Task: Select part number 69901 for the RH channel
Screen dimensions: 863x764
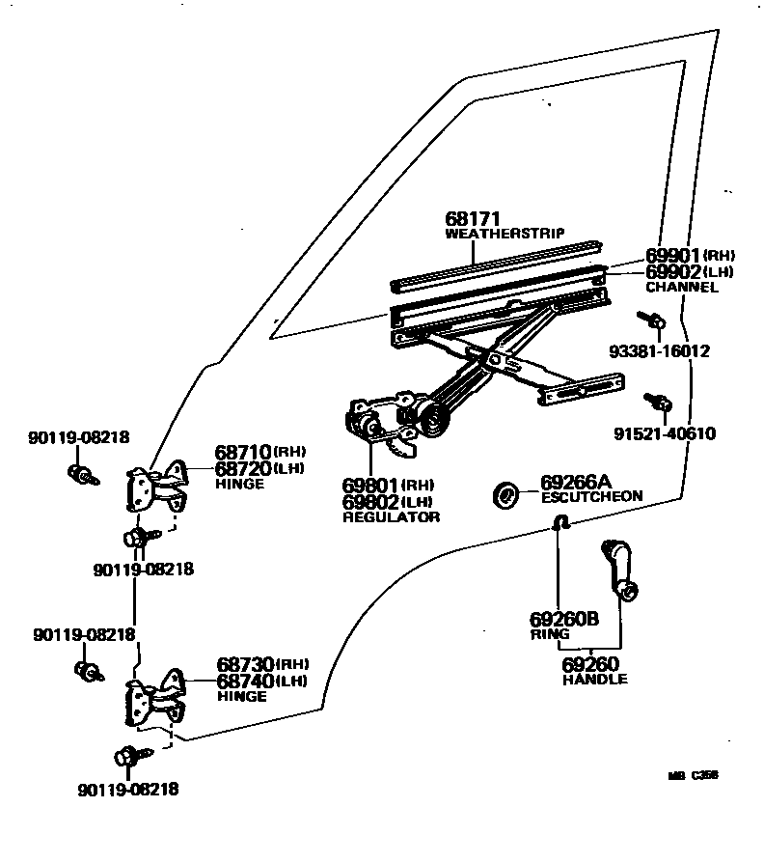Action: [x=672, y=256]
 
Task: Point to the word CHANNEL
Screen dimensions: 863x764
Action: [x=681, y=287]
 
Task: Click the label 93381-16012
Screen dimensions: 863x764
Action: [x=658, y=351]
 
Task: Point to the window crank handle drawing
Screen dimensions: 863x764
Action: [x=617, y=569]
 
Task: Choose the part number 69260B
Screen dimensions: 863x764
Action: [x=563, y=621]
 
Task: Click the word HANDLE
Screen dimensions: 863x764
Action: [x=594, y=679]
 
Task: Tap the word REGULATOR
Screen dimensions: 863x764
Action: [x=391, y=517]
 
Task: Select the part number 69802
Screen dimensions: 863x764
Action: [x=370, y=502]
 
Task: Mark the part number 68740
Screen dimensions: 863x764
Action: [x=245, y=682]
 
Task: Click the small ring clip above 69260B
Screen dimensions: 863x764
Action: [x=559, y=523]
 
